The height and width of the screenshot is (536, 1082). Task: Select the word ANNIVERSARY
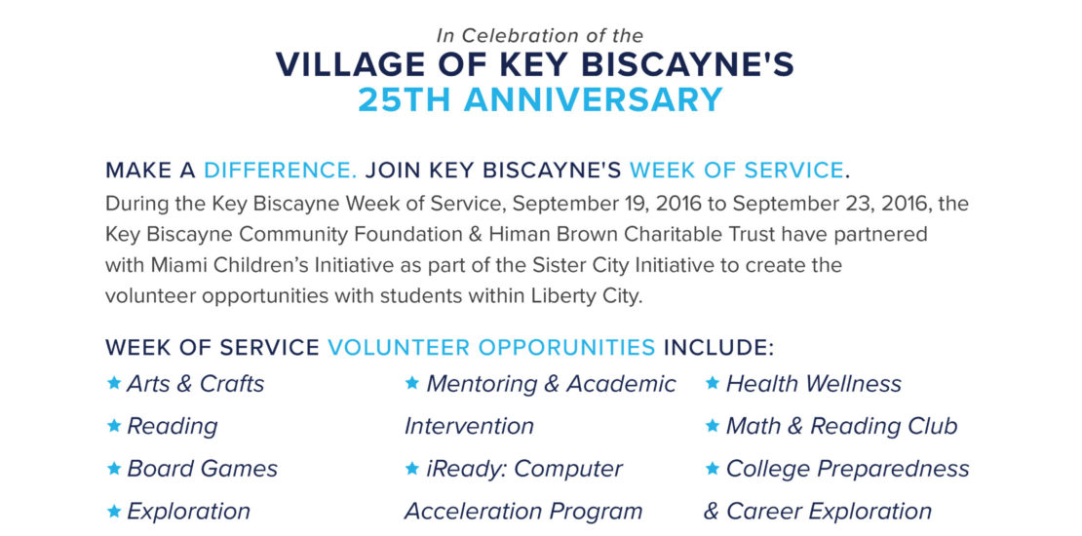pos(594,99)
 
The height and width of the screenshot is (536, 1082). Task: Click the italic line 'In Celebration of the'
pos(540,35)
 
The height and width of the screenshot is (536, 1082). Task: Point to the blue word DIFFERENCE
pos(280,170)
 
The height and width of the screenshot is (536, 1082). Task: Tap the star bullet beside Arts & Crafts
pos(115,382)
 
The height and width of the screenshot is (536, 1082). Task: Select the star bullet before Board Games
pos(115,469)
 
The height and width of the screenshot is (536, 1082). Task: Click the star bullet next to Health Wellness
pos(713,382)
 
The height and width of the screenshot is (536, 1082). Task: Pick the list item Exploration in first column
pos(188,512)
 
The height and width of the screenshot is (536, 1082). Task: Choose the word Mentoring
pos(482,384)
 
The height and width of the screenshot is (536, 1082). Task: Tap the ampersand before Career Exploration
pos(712,512)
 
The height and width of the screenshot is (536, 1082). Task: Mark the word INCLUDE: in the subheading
pos(719,347)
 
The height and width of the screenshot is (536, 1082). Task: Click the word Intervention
pos(469,426)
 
